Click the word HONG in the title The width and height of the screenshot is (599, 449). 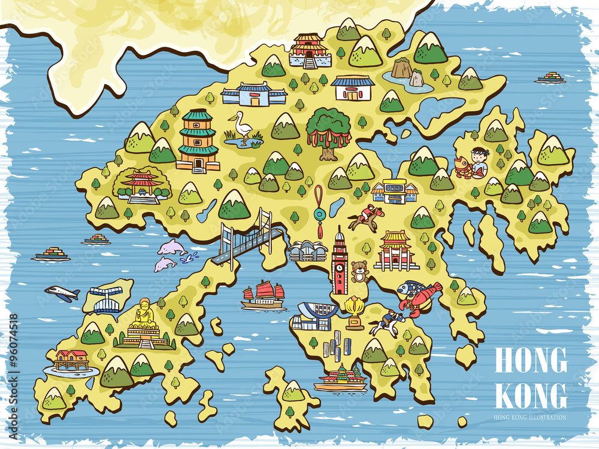pos(531,360)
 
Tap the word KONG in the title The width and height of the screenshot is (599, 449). pos(531,395)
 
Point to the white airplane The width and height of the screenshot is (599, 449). pos(62,293)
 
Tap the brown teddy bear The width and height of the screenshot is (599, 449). pos(359,271)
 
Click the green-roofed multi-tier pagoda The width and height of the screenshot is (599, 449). pos(198,140)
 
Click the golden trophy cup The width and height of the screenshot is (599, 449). pos(355,311)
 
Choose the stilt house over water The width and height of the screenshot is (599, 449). pos(71,360)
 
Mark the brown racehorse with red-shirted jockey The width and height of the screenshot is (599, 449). pos(366,218)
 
